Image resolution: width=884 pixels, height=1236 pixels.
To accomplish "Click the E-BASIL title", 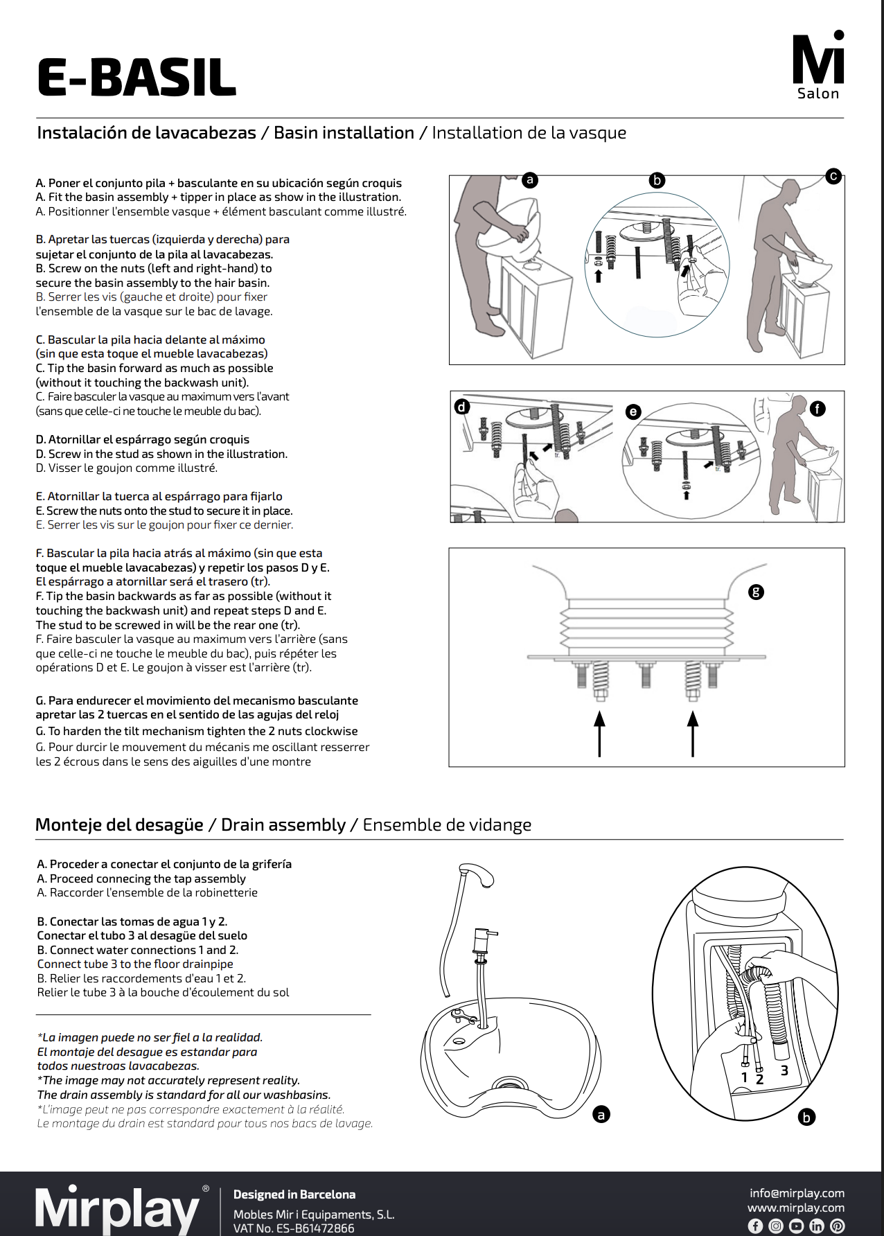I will (x=136, y=78).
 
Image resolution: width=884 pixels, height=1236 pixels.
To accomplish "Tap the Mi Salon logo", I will (x=818, y=67).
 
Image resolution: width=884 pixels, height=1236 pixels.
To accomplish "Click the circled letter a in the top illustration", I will (x=530, y=179).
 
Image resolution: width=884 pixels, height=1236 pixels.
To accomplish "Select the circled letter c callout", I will (x=833, y=176).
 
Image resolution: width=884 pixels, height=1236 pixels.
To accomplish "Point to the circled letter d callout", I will (x=462, y=407).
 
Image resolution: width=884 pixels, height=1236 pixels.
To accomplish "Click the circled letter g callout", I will (x=756, y=592).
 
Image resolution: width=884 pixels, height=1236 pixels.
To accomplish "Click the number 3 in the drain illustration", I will (x=784, y=1070).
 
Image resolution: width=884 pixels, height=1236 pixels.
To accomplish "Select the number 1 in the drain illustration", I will (x=745, y=1077).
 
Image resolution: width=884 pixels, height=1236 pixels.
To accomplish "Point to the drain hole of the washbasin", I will (x=512, y=1086).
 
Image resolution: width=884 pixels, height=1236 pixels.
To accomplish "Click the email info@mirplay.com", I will (x=797, y=1193).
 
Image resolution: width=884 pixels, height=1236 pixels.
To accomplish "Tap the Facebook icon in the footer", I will (x=755, y=1226).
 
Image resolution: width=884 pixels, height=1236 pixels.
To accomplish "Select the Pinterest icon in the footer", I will (x=838, y=1226).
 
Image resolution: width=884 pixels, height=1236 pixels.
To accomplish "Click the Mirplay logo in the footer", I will (x=118, y=1210).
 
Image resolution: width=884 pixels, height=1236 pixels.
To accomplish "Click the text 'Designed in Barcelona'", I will (x=294, y=1194).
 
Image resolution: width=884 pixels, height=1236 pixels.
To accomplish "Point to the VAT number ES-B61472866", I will (x=294, y=1228).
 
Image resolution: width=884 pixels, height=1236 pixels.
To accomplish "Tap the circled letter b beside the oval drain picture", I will (x=806, y=1117).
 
